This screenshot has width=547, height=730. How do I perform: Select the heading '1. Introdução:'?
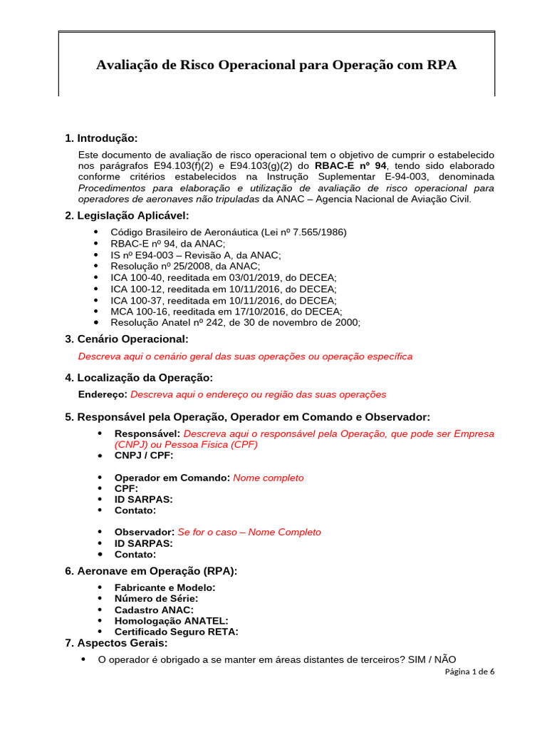coord(101,138)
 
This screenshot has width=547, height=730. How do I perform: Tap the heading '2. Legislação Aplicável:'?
coord(127,215)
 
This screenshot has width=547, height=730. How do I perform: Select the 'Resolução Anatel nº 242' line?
coord(235,322)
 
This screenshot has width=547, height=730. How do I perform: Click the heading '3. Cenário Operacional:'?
coord(127,339)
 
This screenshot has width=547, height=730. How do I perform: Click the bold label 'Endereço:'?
coord(103,394)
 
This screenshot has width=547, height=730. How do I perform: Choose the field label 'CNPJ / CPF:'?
coord(144,455)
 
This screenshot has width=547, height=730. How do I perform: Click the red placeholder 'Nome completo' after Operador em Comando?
coord(269,478)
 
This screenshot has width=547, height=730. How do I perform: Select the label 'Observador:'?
coord(145,532)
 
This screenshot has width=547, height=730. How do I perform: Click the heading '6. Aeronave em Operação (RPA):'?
coord(151,570)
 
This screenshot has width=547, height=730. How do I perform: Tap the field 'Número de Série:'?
coord(156,598)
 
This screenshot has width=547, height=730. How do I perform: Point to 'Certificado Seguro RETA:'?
coord(176,632)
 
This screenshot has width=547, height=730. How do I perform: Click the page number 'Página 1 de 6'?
coord(469,672)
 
